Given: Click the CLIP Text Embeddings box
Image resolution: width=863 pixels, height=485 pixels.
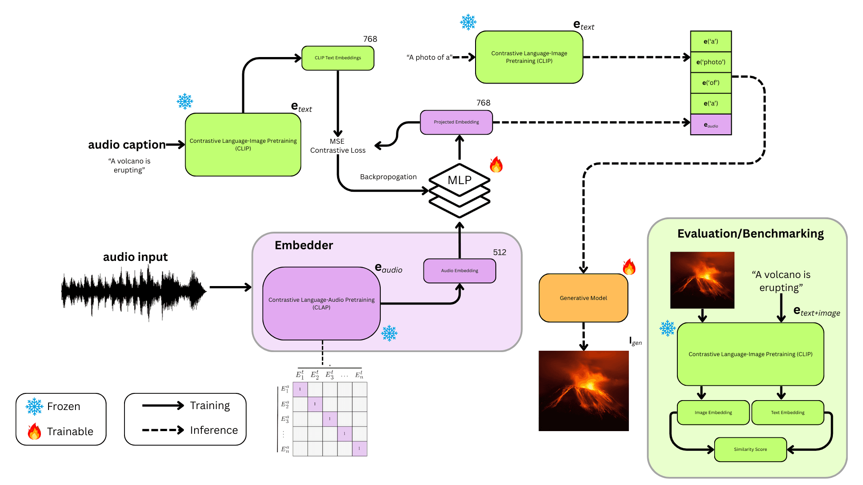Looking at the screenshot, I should point(338,58).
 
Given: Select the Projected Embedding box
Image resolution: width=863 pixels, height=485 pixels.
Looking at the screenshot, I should point(456,122).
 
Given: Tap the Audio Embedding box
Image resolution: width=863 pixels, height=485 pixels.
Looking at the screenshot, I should point(459,271).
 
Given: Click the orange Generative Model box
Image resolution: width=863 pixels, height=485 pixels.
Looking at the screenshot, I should point(583,298).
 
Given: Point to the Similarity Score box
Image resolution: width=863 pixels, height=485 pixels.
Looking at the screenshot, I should point(750,450).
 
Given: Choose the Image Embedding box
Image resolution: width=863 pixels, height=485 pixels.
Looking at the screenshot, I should point(713,413).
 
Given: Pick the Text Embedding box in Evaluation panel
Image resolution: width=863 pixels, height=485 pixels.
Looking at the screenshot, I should point(787,413).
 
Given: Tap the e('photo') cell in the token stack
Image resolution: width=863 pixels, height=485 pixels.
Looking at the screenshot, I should point(711,62).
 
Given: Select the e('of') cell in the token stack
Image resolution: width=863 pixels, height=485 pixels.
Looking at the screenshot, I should point(711,83).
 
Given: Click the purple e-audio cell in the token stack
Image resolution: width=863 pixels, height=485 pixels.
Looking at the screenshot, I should point(711,125).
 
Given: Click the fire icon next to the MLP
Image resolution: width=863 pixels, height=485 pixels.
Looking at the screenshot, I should point(496,165).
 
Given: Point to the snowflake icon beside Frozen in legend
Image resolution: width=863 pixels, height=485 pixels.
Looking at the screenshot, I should point(34,406).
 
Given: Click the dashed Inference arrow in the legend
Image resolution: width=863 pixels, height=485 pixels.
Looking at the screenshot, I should point(163,430).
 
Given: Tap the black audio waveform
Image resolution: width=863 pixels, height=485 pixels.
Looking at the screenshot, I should point(133,292).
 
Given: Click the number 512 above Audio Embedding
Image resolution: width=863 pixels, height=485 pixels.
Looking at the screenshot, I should point(499,252).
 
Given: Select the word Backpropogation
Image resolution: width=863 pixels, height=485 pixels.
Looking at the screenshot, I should point(388,177).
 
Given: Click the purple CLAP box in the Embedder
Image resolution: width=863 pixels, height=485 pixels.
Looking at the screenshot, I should point(321,304).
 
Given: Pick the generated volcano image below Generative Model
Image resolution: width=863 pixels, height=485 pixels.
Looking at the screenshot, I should point(583,391).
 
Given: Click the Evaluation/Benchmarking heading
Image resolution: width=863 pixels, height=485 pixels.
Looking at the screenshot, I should point(750,234).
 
